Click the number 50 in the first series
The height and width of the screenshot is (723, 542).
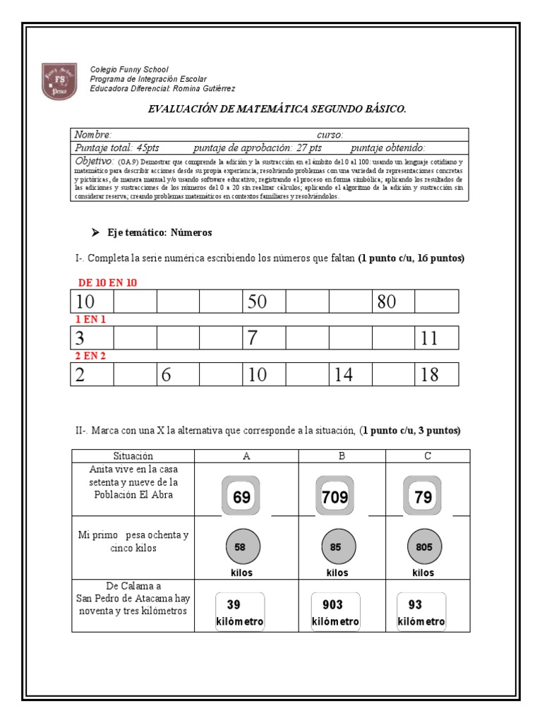tap(256, 301)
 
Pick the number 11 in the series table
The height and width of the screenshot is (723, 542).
tap(429, 338)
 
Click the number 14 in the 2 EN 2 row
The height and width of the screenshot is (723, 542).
tap(343, 375)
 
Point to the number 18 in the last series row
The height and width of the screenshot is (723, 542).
tap(429, 375)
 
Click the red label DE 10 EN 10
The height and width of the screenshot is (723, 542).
tap(107, 282)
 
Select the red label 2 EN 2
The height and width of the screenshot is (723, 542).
tap(91, 356)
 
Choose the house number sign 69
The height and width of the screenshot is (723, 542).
tap(241, 496)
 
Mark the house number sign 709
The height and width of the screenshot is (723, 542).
tap(335, 496)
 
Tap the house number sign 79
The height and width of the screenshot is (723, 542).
tap(423, 496)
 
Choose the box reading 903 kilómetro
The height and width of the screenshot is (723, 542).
tap(335, 612)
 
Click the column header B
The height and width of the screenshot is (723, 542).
tap(342, 456)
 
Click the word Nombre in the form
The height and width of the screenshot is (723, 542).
tap(92, 135)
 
